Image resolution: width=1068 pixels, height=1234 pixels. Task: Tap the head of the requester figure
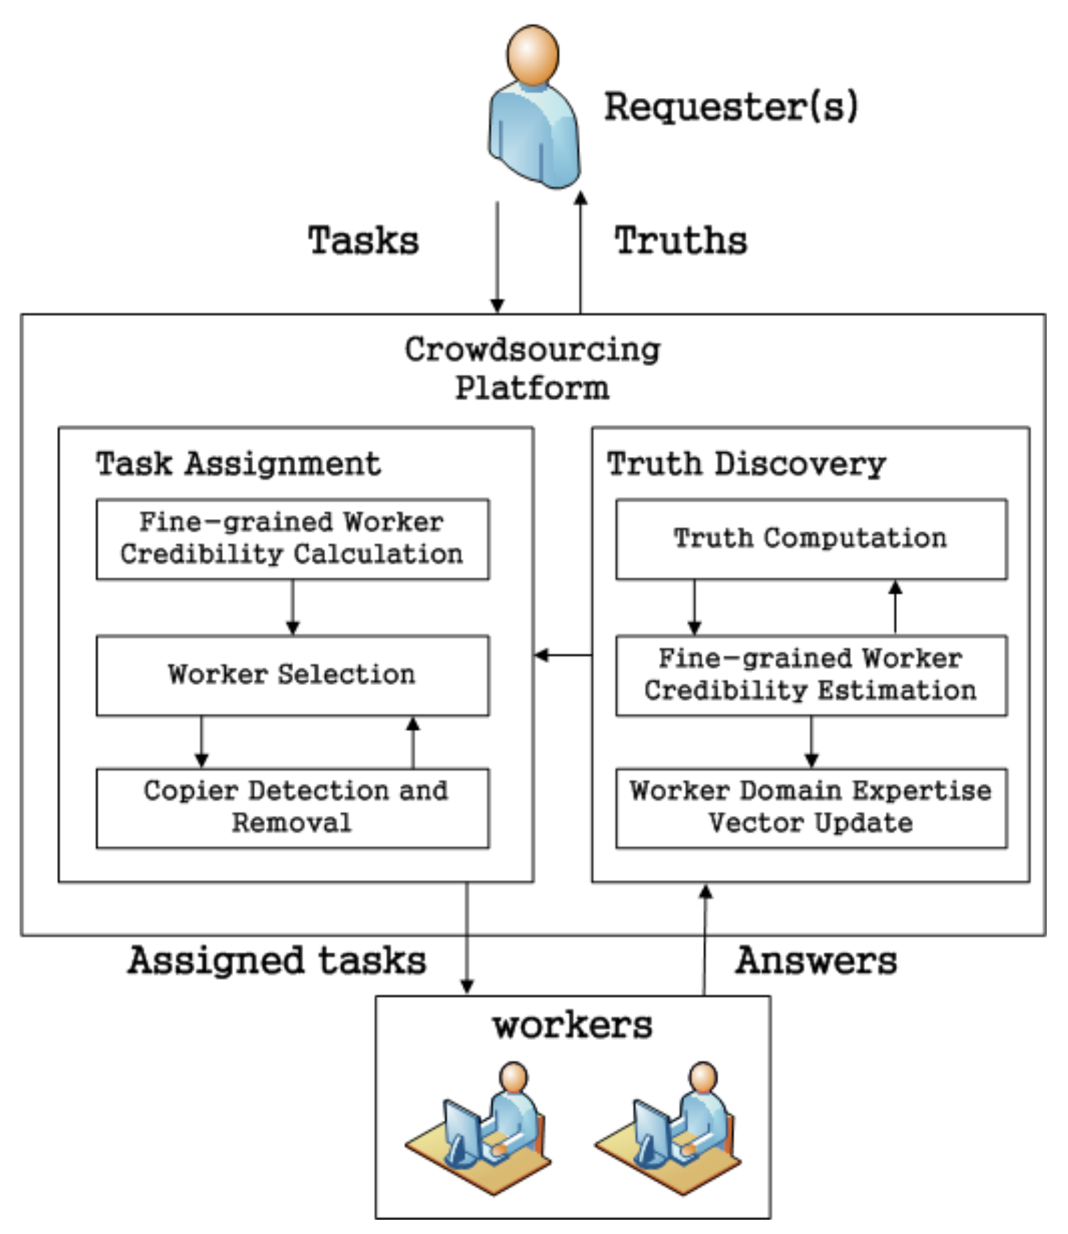pyautogui.click(x=533, y=55)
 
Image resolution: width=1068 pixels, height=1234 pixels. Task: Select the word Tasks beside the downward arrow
pyautogui.click(x=363, y=241)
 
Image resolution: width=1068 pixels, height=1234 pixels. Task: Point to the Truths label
pyautogui.click(x=681, y=241)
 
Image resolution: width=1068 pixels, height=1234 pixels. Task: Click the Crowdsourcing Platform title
pyautogui.click(x=532, y=369)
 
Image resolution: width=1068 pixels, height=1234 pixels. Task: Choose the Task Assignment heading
pyautogui.click(x=238, y=463)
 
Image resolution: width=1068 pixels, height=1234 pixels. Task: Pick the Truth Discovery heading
pyautogui.click(x=747, y=463)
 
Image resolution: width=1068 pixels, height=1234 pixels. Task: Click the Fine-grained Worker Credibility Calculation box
pyautogui.click(x=293, y=540)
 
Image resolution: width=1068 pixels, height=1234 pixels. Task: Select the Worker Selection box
pyautogui.click(x=293, y=675)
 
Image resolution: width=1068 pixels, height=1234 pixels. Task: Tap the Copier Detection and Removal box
pyautogui.click(x=293, y=808)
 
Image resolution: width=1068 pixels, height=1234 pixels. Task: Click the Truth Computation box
pyautogui.click(x=811, y=540)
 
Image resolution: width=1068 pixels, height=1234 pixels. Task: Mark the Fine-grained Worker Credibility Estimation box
pyautogui.click(x=811, y=675)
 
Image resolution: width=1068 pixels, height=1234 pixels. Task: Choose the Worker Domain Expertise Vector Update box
pyautogui.click(x=811, y=808)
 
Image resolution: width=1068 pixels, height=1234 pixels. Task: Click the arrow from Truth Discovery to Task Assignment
pyautogui.click(x=563, y=655)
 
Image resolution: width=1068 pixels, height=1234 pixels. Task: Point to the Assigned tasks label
pyautogui.click(x=277, y=961)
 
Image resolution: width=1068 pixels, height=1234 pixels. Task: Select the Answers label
pyautogui.click(x=816, y=961)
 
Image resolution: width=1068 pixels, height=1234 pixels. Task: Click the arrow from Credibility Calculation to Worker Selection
pyautogui.click(x=293, y=607)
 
